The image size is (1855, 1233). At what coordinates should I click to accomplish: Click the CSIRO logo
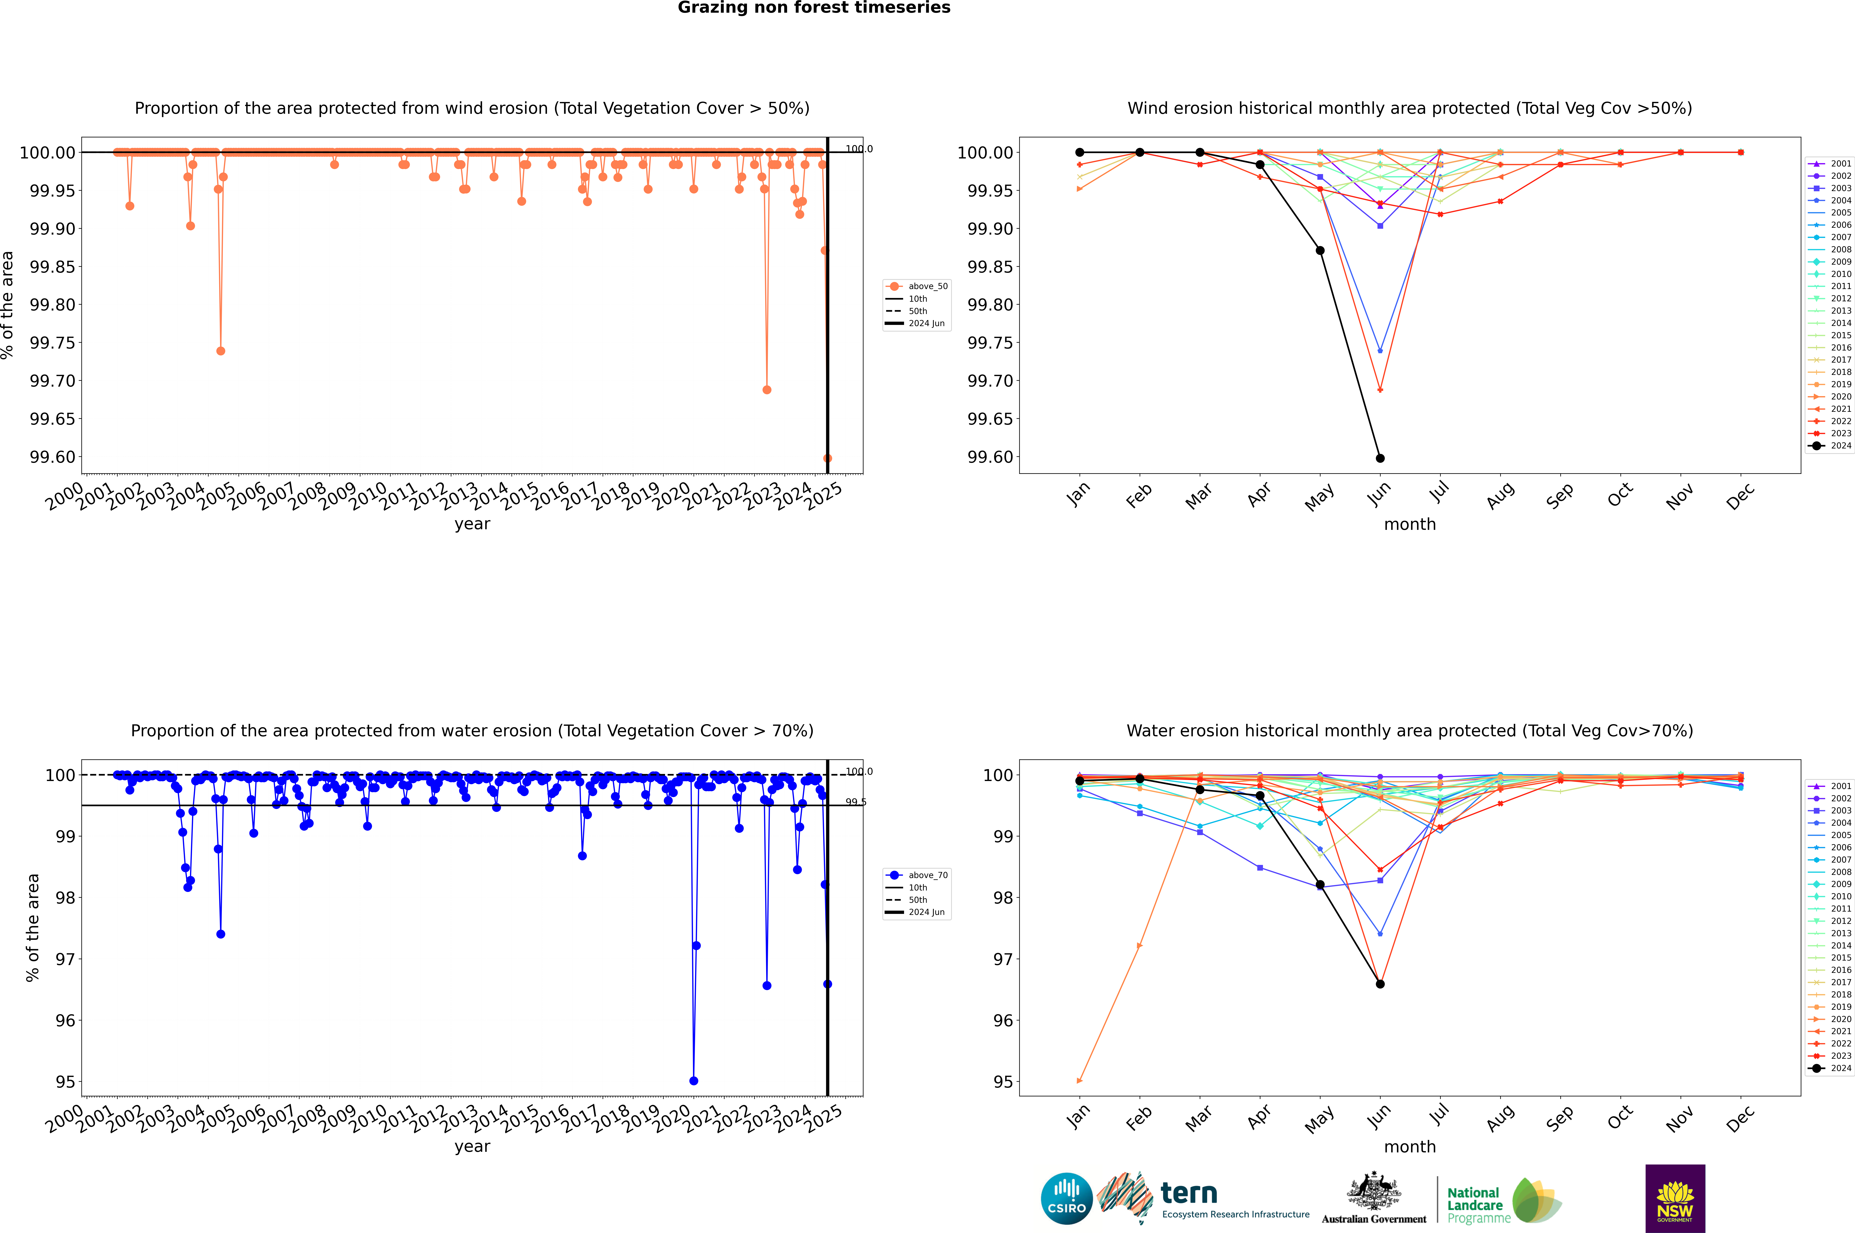[1066, 1198]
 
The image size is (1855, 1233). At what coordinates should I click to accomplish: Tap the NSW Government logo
[1675, 1198]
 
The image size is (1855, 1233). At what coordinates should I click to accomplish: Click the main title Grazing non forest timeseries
[814, 8]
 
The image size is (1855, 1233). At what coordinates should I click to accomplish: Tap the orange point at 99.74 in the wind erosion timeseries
[221, 351]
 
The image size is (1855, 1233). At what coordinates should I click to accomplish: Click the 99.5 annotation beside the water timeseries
[855, 802]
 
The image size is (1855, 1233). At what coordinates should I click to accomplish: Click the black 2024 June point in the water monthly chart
[1380, 984]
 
